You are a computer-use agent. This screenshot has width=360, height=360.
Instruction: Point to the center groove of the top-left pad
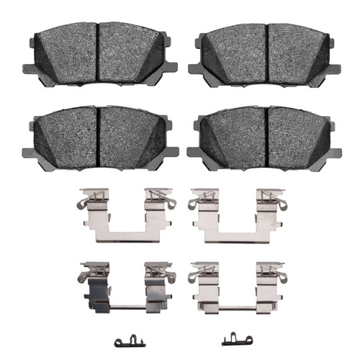pyautogui.click(x=98, y=56)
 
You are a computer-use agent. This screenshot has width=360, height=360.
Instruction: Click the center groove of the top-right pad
pyautogui.click(x=268, y=56)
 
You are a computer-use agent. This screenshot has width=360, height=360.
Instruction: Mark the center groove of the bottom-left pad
pyautogui.click(x=98, y=137)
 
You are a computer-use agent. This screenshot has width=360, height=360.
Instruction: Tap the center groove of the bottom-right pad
pyautogui.click(x=268, y=137)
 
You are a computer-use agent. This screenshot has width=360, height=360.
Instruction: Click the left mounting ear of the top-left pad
pyautogui.click(x=30, y=70)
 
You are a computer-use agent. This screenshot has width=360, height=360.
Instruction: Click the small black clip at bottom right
pyautogui.click(x=233, y=338)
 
